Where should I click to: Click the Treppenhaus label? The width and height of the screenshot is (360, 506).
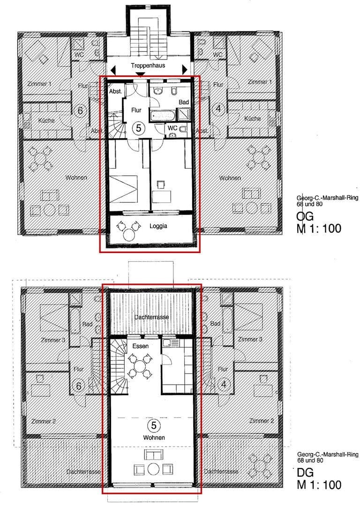tap(148, 66)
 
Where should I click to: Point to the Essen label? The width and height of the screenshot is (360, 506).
tap(140, 346)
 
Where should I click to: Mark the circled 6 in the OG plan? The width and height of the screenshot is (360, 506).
tap(80, 111)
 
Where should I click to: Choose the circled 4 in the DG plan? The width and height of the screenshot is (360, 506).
tap(223, 385)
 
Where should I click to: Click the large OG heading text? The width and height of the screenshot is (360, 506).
tap(305, 217)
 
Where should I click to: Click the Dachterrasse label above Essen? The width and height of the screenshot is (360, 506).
tap(151, 317)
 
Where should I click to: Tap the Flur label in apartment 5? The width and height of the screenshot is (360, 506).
tap(136, 111)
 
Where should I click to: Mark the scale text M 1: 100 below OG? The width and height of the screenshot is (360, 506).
tap(319, 229)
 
